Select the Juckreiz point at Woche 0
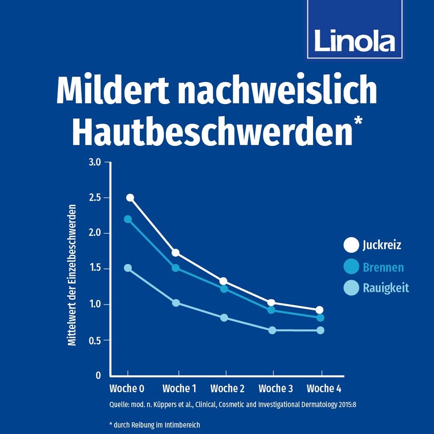(x=130, y=197)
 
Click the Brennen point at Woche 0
(x=128, y=219)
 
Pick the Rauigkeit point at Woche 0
(x=128, y=268)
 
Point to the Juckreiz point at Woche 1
(x=175, y=253)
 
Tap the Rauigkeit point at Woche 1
(x=176, y=303)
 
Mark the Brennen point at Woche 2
(x=224, y=289)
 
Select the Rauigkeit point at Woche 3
(x=272, y=330)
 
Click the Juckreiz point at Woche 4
(x=320, y=310)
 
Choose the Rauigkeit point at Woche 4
(x=320, y=330)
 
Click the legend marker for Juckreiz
(x=351, y=245)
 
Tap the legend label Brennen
(x=383, y=267)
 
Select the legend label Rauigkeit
(x=385, y=288)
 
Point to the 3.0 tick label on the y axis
(x=95, y=162)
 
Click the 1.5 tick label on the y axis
(x=95, y=269)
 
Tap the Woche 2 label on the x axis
(x=227, y=388)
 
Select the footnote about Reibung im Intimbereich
(x=154, y=424)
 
